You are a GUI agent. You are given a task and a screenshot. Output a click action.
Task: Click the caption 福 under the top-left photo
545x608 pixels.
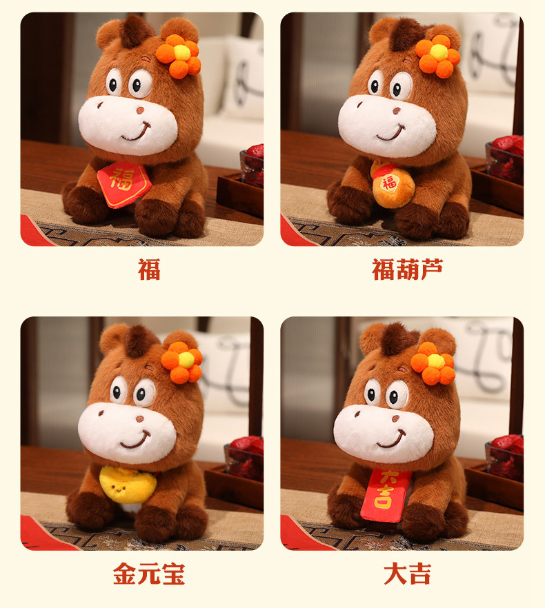(149, 269)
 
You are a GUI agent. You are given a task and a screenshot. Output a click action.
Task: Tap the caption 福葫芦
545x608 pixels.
(408, 269)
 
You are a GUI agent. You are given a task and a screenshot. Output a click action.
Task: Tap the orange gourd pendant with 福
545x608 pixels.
(389, 186)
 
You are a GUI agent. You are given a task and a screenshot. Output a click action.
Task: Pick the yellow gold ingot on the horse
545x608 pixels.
(128, 485)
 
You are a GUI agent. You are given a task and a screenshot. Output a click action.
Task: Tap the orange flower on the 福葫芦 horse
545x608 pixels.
(437, 54)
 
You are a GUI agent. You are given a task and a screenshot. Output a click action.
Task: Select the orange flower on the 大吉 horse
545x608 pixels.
(433, 363)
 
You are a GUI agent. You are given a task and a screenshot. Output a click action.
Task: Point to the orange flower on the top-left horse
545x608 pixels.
(179, 54)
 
